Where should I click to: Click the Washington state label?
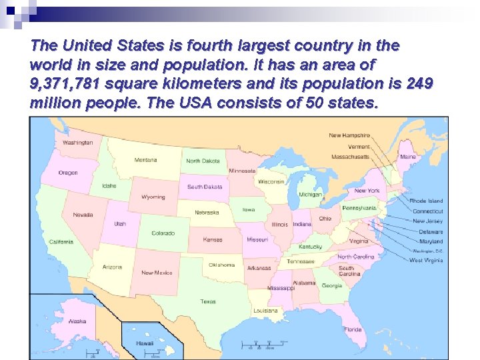point(78,142)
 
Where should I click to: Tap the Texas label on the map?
point(208,301)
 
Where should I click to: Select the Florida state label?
point(353,329)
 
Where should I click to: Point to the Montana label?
point(145,160)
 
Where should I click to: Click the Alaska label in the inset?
point(77,321)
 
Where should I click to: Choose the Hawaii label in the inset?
point(145,343)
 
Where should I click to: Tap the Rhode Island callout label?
point(426,201)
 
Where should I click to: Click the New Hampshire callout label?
point(349,135)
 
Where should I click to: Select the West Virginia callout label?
point(426,261)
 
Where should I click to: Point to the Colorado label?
point(163,233)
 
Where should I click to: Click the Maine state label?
point(407,157)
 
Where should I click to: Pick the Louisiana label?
point(265,311)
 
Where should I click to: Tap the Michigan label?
point(310,195)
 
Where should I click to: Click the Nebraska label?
point(207,213)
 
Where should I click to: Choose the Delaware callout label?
point(431,231)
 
